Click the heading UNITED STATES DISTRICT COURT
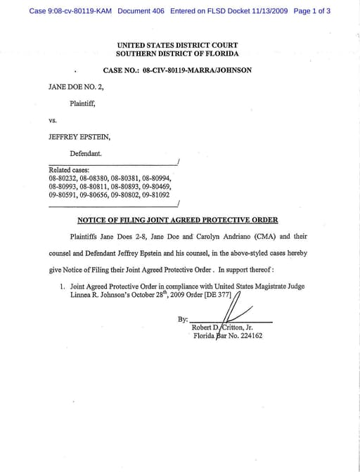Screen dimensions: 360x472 click(x=177, y=45)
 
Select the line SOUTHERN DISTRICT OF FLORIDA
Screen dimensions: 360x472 click(x=177, y=53)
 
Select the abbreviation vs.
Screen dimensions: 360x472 click(x=53, y=120)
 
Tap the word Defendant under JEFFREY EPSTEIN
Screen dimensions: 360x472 click(x=86, y=153)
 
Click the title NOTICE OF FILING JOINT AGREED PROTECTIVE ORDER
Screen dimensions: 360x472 click(x=177, y=220)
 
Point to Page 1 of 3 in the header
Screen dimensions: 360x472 click(x=311, y=11)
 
